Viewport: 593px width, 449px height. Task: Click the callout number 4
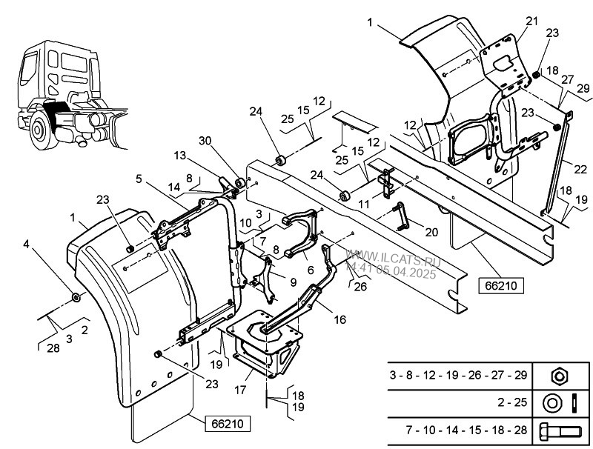[x=26, y=245]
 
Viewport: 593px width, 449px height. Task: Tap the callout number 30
[x=205, y=141]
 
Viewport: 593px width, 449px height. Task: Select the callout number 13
[x=180, y=156]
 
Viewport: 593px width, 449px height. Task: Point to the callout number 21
[x=531, y=21]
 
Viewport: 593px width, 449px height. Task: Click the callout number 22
[x=580, y=169]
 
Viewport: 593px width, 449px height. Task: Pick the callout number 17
[x=240, y=390]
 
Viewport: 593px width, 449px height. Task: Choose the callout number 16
[x=340, y=320]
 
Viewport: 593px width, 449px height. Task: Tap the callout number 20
[x=431, y=232]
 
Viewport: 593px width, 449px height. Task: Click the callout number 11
[x=363, y=204]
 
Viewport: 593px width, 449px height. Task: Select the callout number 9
[x=294, y=282]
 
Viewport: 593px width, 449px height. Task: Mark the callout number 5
[x=139, y=179]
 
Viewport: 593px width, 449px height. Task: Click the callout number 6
[x=311, y=270]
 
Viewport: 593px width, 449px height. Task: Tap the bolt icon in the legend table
[x=560, y=431]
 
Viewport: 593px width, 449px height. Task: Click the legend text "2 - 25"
[x=512, y=402]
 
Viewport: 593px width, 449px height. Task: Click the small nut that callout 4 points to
[x=76, y=297]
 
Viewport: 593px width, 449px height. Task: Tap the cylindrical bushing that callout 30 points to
[x=239, y=183]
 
